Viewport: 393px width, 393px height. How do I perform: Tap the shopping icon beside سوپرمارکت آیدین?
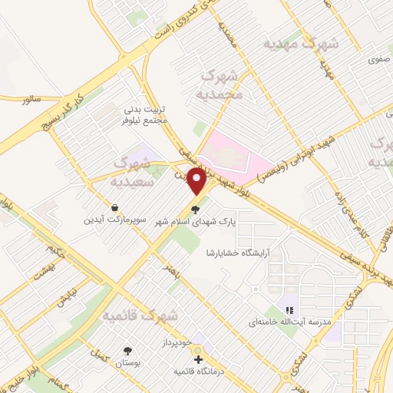tap(114, 207)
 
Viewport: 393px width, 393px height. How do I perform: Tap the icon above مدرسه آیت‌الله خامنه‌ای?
tap(289, 311)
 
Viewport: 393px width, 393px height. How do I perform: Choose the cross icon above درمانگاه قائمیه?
tap(198, 359)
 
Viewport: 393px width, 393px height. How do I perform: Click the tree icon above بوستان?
tap(127, 351)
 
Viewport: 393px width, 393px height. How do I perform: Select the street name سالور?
tap(31, 99)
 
